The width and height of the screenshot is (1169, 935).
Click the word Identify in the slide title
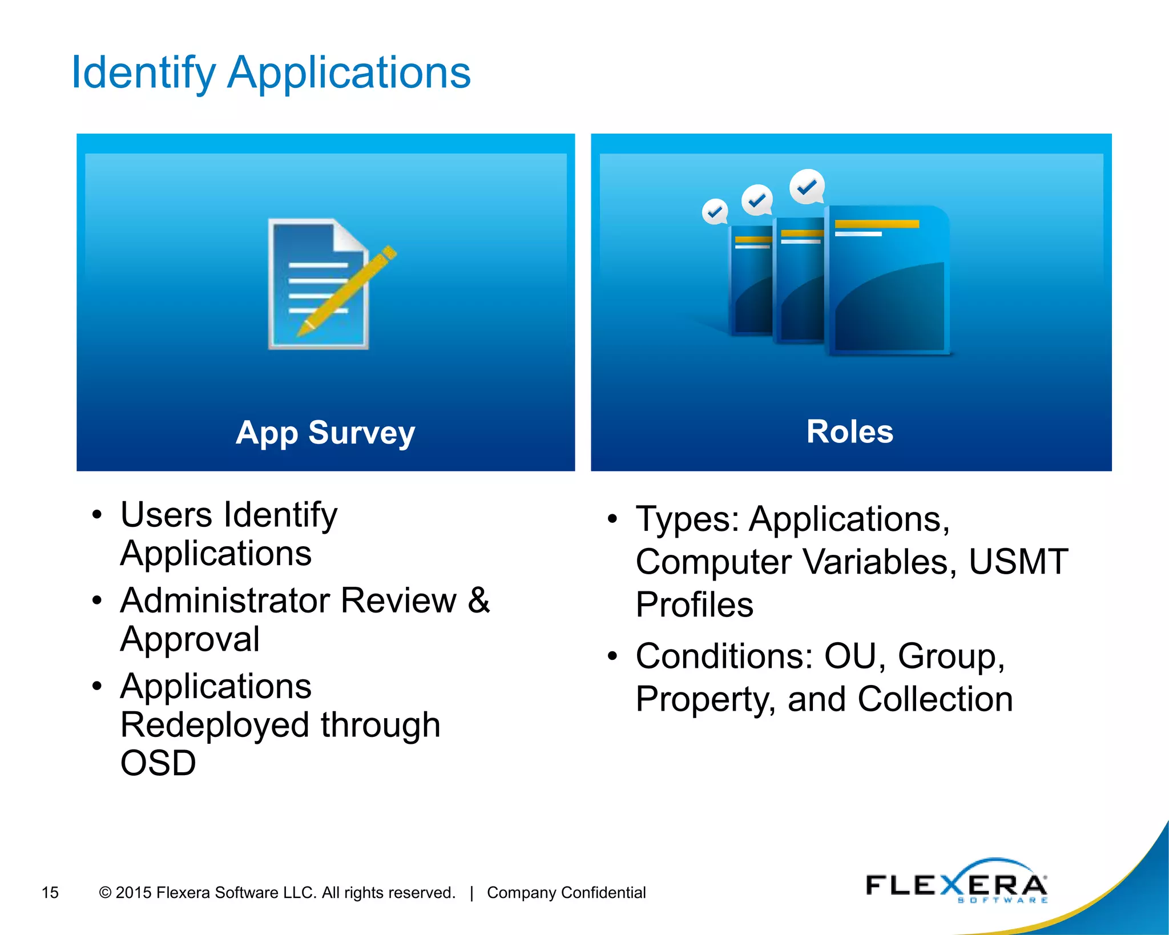(143, 73)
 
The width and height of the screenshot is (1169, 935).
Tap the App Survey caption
(325, 433)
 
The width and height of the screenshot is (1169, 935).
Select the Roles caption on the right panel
(850, 432)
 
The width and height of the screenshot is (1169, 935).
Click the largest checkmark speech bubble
(807, 187)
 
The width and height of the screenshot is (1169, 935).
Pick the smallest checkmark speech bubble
(715, 212)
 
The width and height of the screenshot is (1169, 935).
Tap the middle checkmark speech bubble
(757, 200)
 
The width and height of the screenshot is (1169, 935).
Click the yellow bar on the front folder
(877, 224)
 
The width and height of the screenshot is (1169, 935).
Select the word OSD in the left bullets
(158, 763)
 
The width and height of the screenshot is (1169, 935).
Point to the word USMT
(1018, 562)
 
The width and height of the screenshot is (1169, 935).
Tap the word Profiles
(695, 605)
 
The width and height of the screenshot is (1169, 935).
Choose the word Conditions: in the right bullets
(724, 656)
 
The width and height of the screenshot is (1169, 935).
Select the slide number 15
(50, 892)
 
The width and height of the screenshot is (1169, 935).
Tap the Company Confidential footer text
(566, 892)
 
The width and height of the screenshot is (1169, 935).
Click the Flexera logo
(957, 882)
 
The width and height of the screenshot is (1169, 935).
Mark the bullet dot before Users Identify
(97, 515)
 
